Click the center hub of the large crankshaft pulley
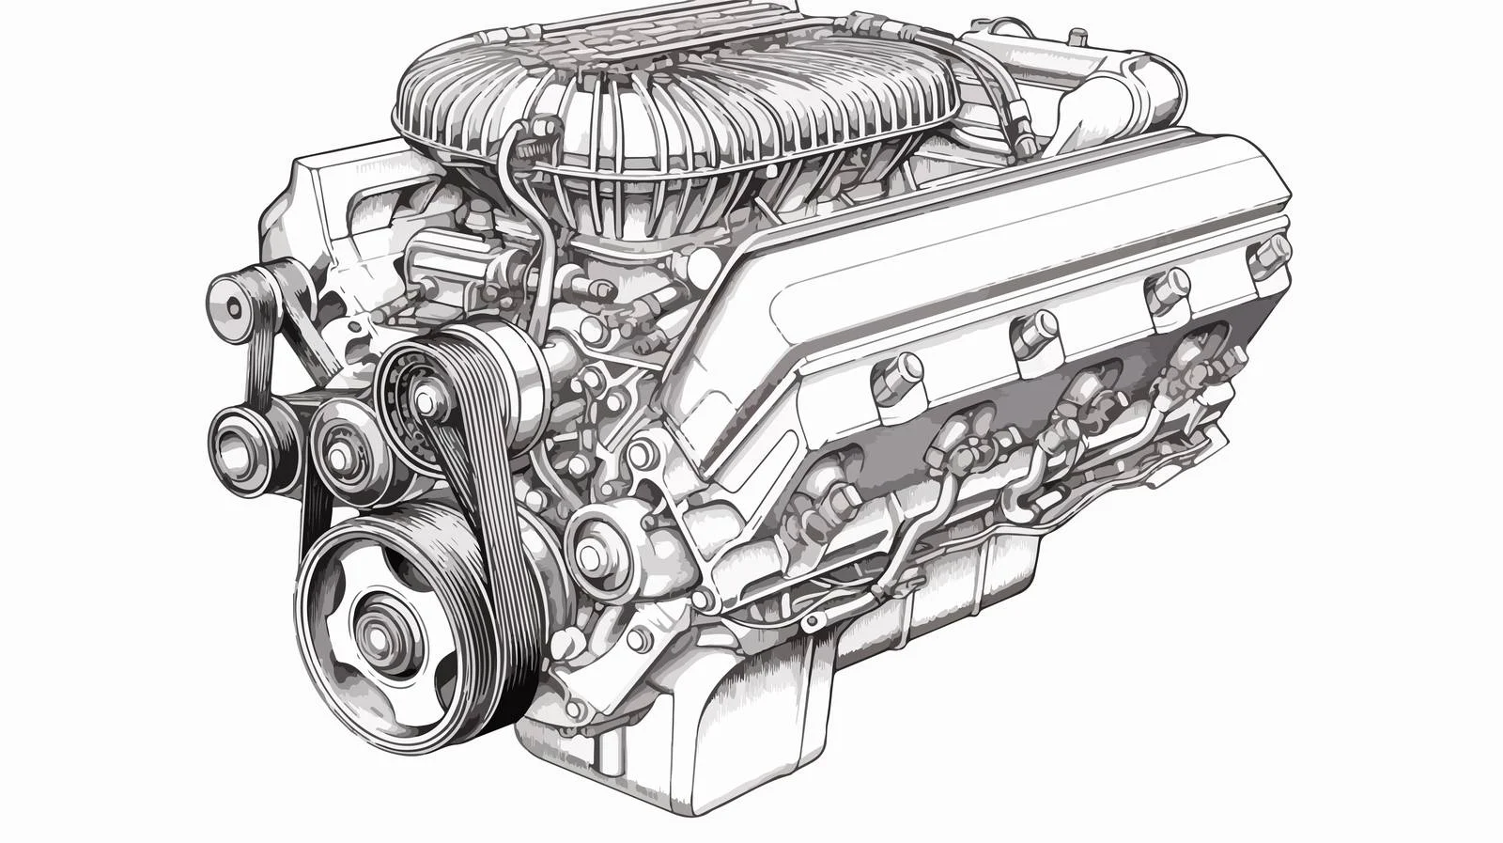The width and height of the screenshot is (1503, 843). point(379,637)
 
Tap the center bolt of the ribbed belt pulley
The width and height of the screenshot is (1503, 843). point(426,401)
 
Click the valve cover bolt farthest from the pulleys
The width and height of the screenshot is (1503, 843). point(1272,254)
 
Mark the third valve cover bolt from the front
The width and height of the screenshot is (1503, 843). point(1165,287)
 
